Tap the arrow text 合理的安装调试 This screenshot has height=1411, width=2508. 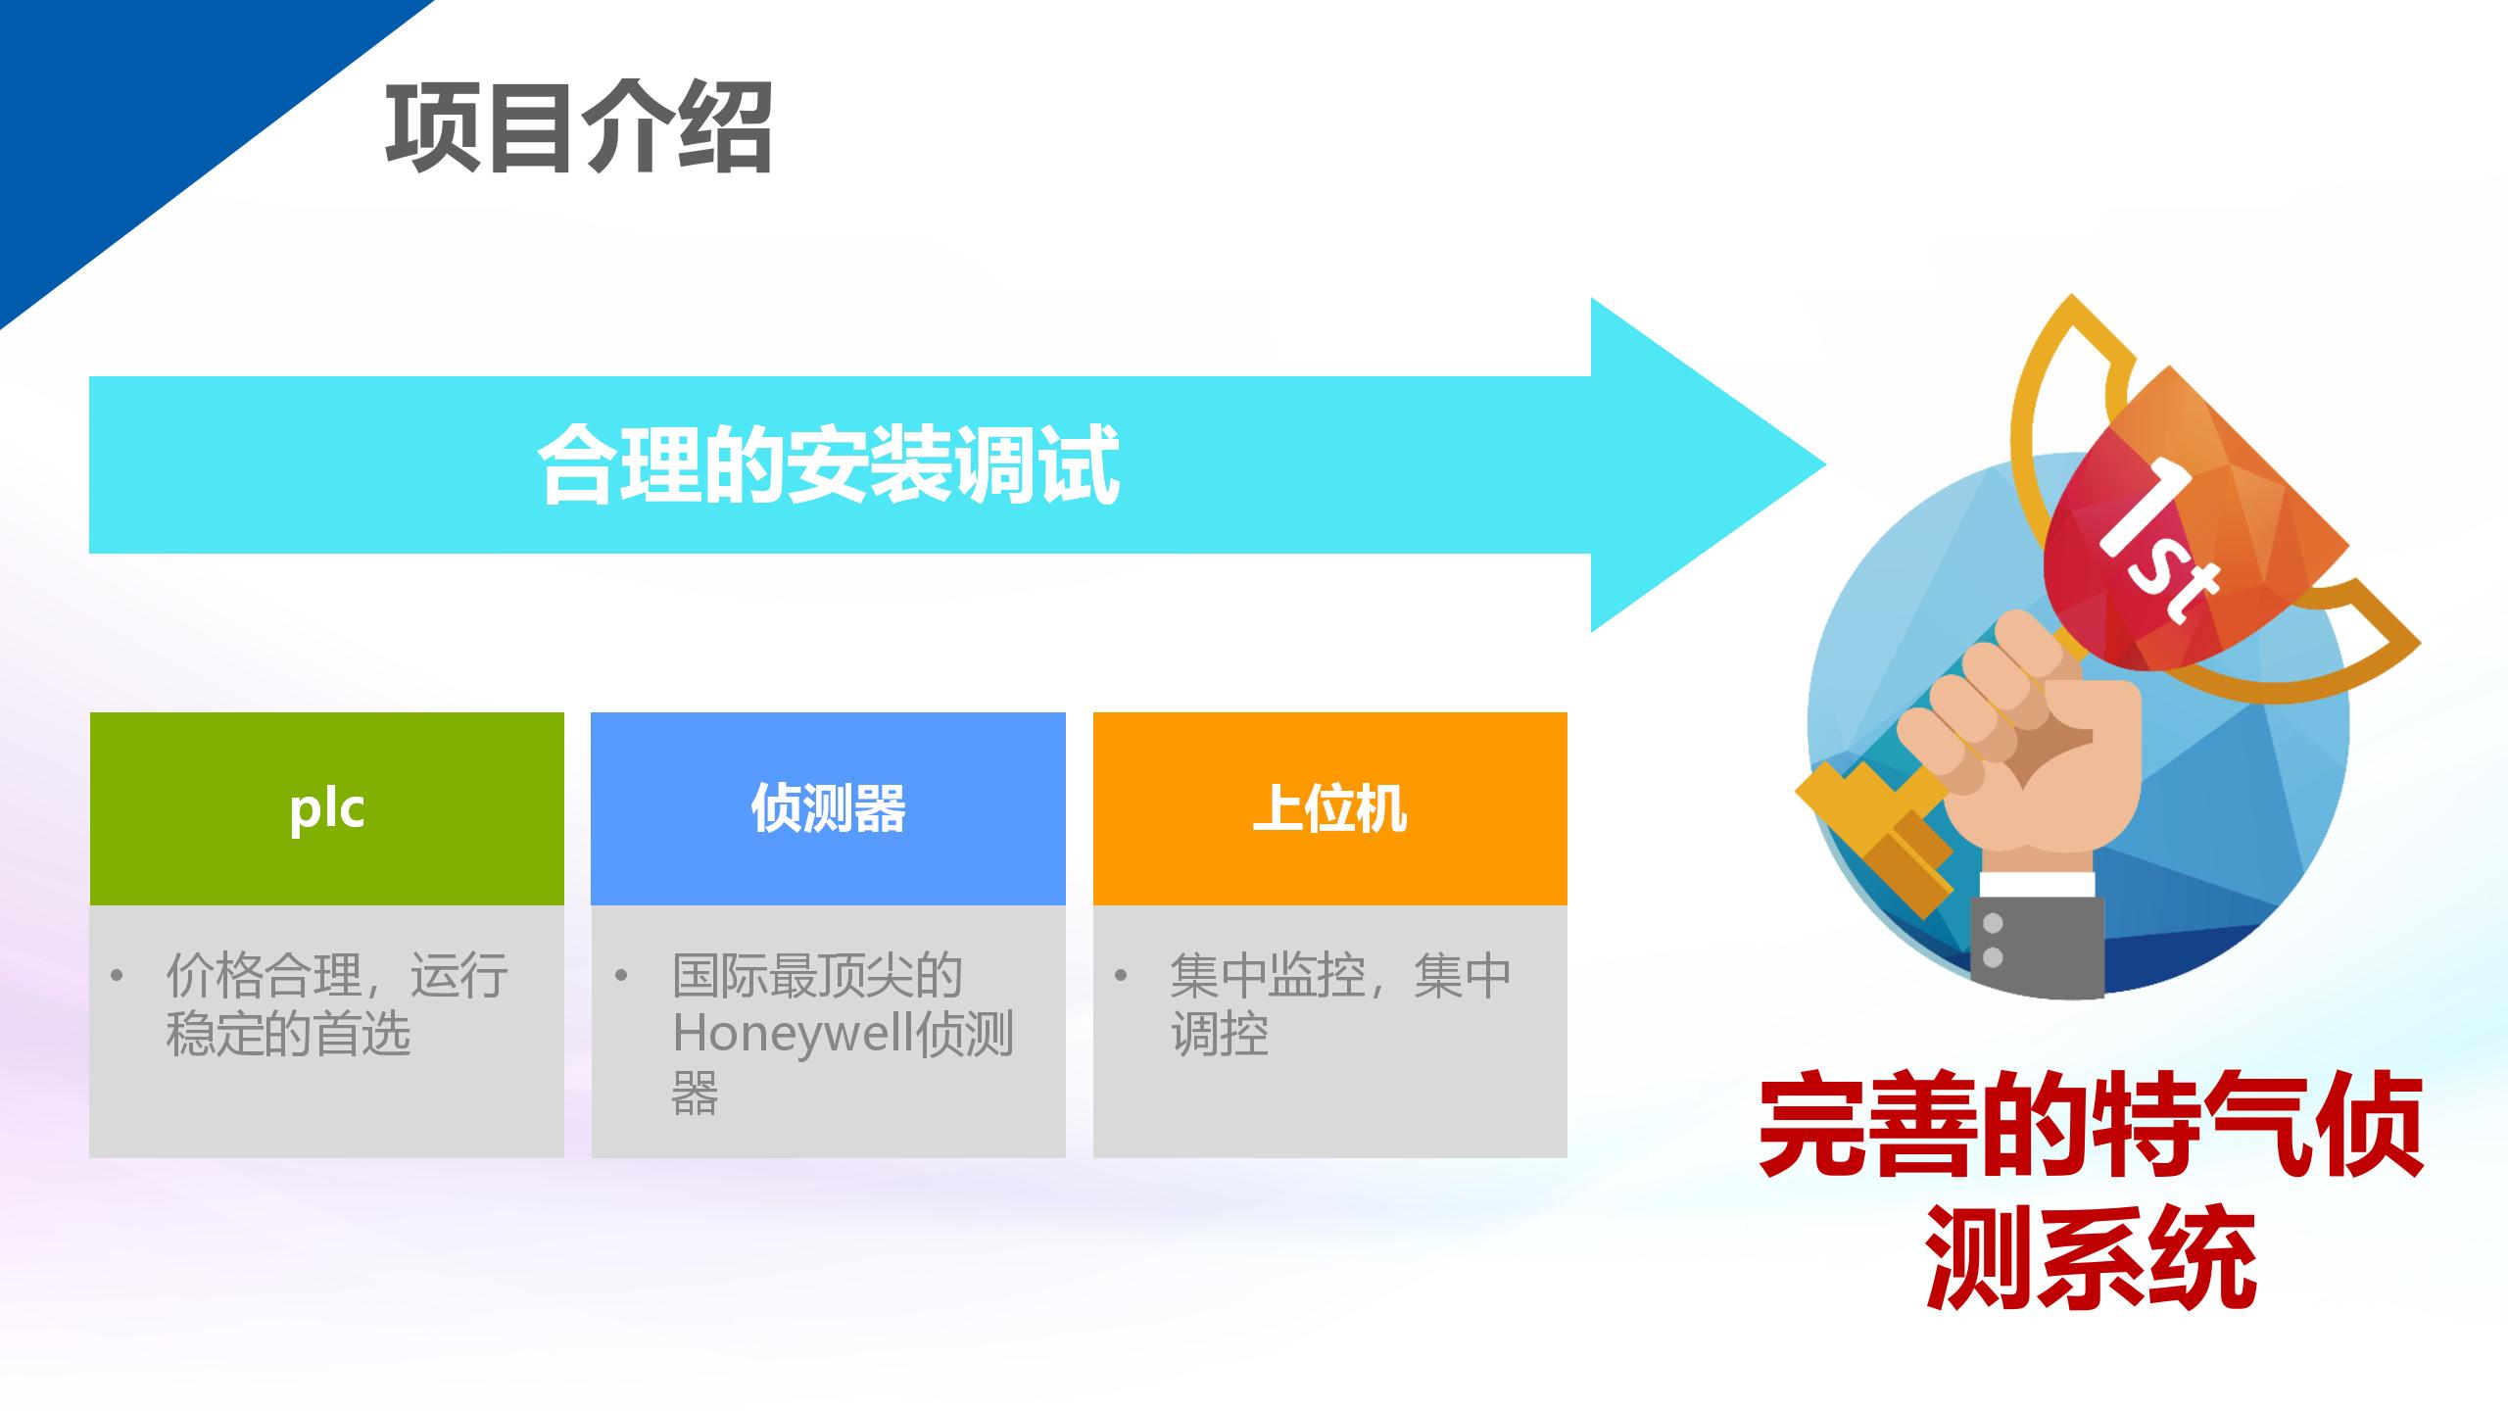829,464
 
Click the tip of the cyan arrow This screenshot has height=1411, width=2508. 1825,464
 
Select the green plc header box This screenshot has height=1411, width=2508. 327,808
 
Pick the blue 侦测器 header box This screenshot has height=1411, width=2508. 828,808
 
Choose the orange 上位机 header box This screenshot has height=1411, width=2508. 1330,808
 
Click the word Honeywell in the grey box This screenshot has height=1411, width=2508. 794,1035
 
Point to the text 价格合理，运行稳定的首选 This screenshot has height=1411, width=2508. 337,1004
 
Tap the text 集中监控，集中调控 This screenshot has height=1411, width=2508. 1340,1004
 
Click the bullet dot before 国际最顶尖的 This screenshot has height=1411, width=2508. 620,976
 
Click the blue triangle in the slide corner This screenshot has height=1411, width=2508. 147,118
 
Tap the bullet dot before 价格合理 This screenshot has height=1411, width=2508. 118,976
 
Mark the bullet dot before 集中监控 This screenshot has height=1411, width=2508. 1121,976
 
